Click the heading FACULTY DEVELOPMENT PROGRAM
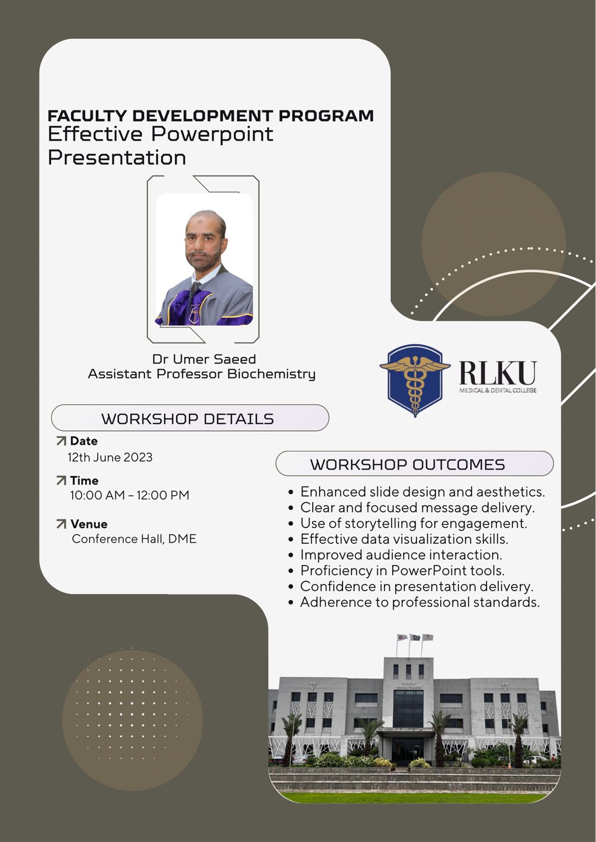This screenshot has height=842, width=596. click(211, 116)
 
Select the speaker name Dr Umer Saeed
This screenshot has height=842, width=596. click(204, 359)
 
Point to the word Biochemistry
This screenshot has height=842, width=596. click(271, 374)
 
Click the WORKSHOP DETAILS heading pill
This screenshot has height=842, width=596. click(190, 418)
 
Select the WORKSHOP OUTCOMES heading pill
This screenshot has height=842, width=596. click(414, 464)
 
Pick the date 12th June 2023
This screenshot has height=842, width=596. click(110, 457)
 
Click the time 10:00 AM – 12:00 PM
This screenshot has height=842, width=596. click(130, 495)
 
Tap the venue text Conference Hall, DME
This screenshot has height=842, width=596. click(134, 539)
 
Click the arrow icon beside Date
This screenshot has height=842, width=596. click(61, 441)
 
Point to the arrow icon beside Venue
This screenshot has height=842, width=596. click(61, 524)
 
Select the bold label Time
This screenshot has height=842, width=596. click(84, 480)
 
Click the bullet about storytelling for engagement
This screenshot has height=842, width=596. click(408, 523)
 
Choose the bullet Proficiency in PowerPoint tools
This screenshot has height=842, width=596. click(396, 570)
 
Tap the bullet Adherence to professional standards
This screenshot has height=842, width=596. click(414, 602)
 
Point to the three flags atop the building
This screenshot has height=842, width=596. click(415, 637)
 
